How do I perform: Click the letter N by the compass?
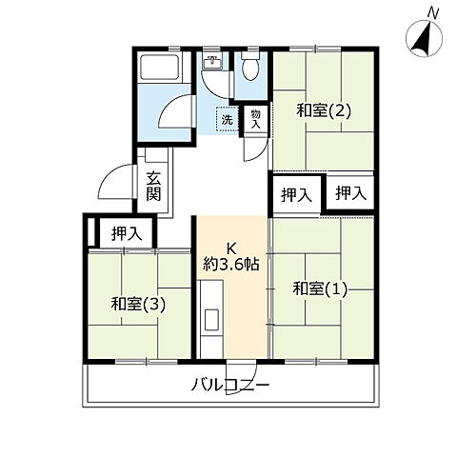pos(433,11)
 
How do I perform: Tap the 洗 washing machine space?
pos(227,120)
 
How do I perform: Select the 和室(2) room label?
pos(324,109)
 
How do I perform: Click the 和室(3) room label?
pos(140,305)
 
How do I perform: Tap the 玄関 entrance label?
pos(154,186)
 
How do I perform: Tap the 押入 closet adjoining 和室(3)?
pos(125,231)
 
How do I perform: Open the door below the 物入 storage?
pos(255,148)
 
